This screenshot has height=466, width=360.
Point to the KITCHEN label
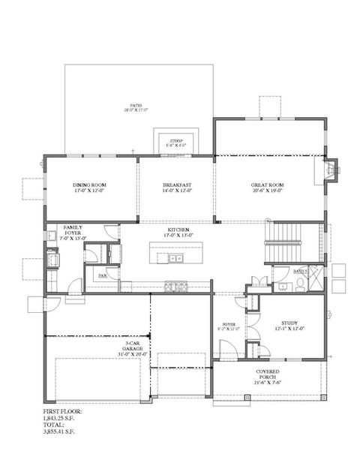coord(178,230)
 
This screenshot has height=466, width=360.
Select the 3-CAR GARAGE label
coord(134,345)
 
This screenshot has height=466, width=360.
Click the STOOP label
coord(177,140)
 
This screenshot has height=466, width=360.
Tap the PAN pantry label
coord(102,275)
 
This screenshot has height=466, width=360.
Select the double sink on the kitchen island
coord(174,259)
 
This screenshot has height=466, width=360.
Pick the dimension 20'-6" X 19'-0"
coord(268,191)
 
